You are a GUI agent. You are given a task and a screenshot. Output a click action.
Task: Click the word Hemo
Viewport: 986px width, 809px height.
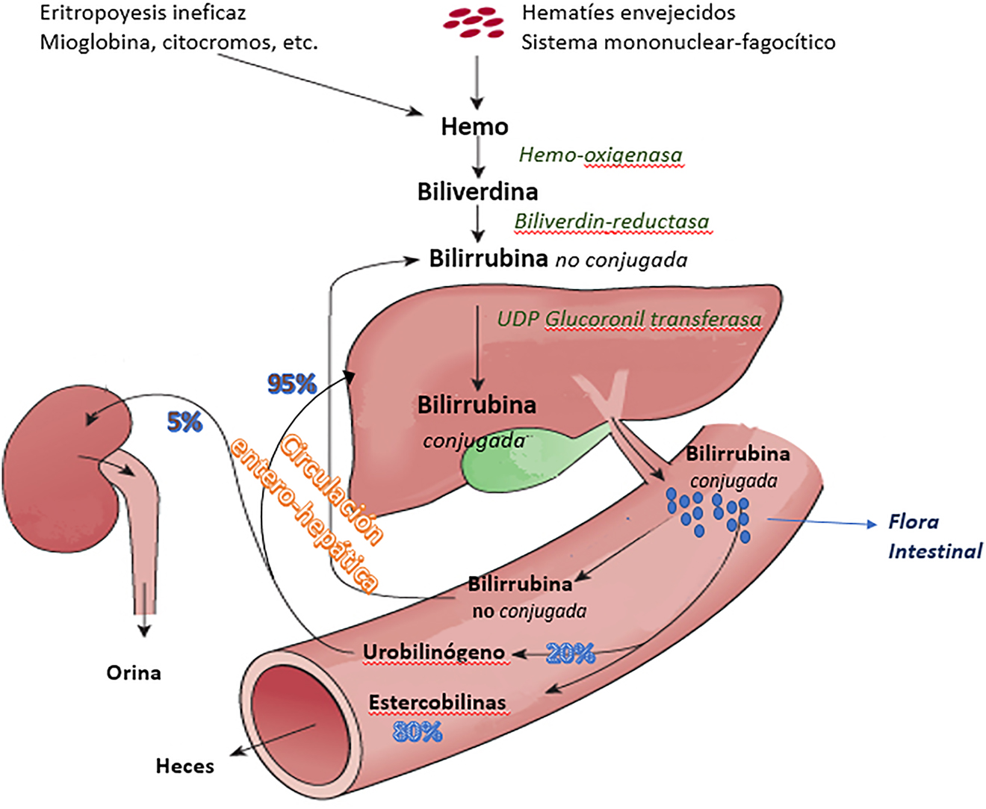pyautogui.click(x=474, y=126)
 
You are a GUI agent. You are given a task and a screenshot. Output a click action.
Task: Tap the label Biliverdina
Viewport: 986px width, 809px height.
pyautogui.click(x=477, y=192)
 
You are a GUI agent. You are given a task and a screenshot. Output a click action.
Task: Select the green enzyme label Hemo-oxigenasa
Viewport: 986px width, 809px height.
pyautogui.click(x=601, y=155)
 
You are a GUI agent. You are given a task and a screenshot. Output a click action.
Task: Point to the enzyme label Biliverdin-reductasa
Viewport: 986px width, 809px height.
pyautogui.click(x=612, y=221)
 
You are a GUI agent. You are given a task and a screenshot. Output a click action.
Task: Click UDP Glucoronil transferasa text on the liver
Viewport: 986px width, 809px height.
pyautogui.click(x=629, y=320)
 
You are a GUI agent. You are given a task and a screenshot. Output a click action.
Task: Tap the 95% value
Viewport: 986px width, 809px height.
pyautogui.click(x=292, y=384)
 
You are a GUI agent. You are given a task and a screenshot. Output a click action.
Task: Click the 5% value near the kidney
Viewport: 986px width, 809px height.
pyautogui.click(x=184, y=422)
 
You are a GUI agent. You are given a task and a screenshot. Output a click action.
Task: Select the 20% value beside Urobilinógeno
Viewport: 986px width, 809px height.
pyautogui.click(x=570, y=654)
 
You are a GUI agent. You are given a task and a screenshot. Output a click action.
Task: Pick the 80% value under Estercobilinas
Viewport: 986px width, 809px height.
pyautogui.click(x=418, y=732)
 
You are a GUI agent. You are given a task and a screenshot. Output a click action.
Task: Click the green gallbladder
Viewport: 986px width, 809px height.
pyautogui.click(x=508, y=463)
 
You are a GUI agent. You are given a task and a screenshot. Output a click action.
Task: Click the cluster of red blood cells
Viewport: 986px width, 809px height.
pyautogui.click(x=472, y=22)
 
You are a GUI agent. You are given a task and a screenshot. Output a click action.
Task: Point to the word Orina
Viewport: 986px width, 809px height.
pyautogui.click(x=134, y=673)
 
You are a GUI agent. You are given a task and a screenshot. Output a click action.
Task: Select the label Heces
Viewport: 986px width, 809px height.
pyautogui.click(x=185, y=766)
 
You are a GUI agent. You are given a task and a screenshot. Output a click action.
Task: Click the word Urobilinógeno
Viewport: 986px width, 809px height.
pyautogui.click(x=433, y=652)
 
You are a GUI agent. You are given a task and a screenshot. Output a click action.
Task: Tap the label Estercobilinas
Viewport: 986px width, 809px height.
pyautogui.click(x=437, y=703)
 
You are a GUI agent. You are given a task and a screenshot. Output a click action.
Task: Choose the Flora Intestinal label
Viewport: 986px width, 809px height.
pyautogui.click(x=934, y=536)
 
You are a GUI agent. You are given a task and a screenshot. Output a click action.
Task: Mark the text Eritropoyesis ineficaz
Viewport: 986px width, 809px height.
pyautogui.click(x=143, y=13)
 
